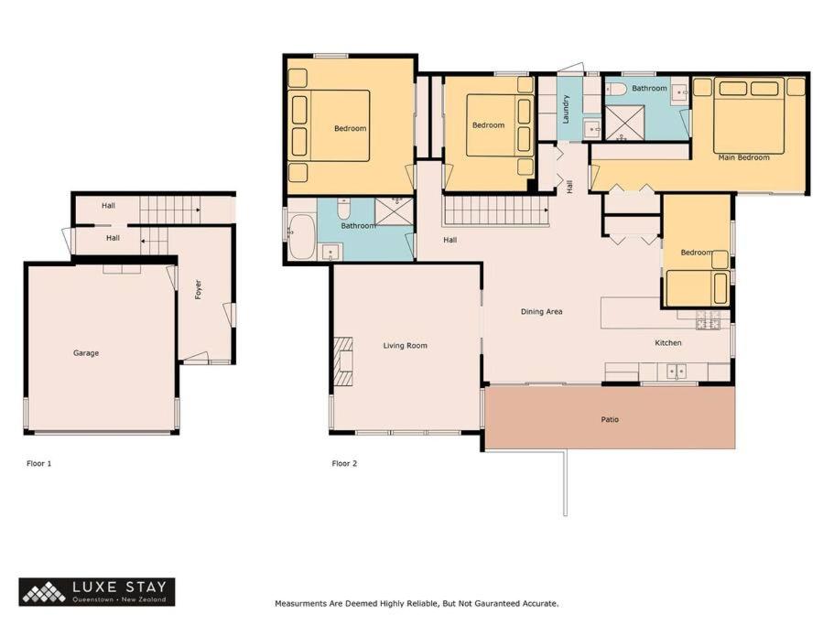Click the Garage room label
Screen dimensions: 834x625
[86, 353]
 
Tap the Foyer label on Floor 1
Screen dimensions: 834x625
[199, 290]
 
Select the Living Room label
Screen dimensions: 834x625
[406, 346]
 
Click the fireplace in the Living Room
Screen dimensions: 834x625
[343, 361]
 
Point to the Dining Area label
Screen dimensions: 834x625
[541, 311]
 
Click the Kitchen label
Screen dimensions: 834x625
[668, 343]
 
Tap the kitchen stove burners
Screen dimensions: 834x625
[709, 321]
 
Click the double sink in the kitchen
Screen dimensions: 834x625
[676, 371]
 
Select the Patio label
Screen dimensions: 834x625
[610, 419]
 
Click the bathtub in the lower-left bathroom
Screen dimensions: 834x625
[301, 236]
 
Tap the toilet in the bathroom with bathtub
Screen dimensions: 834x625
[344, 209]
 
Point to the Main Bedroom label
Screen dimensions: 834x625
[743, 157]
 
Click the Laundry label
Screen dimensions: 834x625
[566, 109]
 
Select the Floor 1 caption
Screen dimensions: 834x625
[38, 463]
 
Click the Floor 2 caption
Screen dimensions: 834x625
[344, 463]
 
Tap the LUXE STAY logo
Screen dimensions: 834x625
[97, 591]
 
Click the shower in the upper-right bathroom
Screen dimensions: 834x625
[625, 123]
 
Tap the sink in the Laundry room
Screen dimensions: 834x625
[591, 129]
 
